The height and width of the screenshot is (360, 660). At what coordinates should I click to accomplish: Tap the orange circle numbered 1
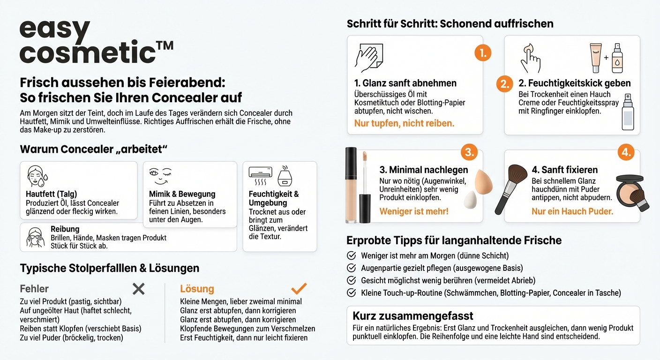click(x=482, y=52)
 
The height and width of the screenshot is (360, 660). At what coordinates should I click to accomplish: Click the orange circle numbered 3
click(x=469, y=152)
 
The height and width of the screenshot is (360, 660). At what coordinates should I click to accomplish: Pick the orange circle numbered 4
click(x=627, y=152)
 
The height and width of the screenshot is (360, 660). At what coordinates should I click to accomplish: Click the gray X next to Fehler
click(x=138, y=289)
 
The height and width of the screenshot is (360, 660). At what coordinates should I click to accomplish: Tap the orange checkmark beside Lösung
click(x=299, y=288)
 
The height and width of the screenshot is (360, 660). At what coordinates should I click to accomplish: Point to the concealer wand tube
click(x=352, y=185)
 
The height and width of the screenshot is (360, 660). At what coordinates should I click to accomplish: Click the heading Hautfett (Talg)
click(x=52, y=194)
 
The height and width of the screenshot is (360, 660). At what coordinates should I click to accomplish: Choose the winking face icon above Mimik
click(x=160, y=176)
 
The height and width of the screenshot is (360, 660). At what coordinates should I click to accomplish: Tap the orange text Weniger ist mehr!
click(x=413, y=211)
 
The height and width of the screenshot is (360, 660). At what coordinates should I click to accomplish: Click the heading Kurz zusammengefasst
click(x=412, y=315)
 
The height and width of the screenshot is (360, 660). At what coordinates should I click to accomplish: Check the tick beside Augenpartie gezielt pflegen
click(x=351, y=268)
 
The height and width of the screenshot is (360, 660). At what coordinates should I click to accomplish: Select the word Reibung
click(x=65, y=229)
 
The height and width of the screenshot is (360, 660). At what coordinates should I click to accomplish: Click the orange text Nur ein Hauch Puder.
click(x=572, y=211)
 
